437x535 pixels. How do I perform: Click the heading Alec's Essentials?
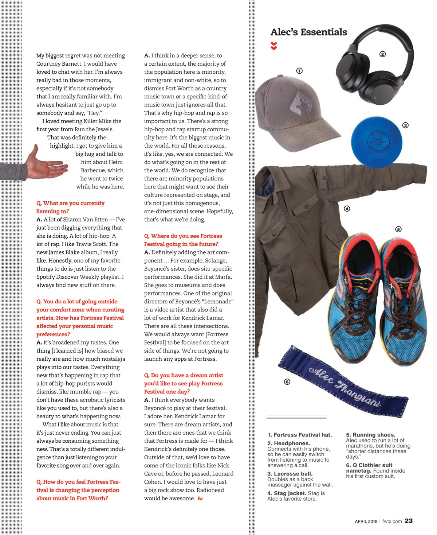[308, 32]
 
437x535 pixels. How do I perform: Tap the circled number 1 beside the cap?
[299, 71]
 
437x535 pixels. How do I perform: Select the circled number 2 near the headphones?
[382, 54]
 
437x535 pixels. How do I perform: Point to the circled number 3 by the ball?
[405, 125]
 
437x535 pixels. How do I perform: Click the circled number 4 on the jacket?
[347, 209]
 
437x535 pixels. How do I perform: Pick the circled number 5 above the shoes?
[398, 229]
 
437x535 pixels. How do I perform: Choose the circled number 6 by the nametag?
[287, 382]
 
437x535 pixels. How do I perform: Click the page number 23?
[409, 521]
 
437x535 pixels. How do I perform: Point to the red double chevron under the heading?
[274, 46]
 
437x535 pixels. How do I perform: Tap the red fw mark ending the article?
[200, 499]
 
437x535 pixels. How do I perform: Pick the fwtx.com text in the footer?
[392, 521]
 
